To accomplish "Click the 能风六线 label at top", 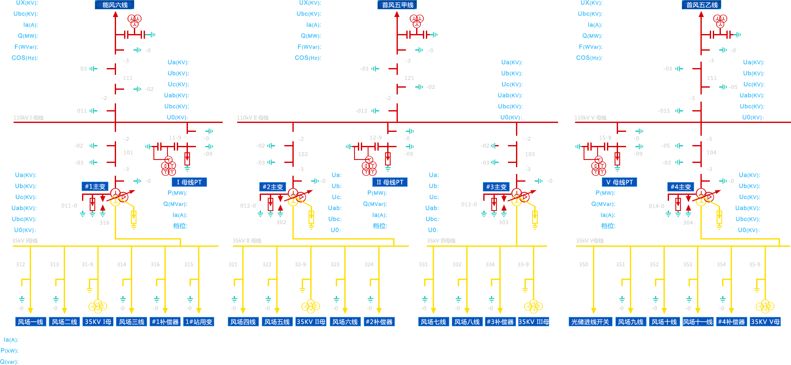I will click(x=115, y=5).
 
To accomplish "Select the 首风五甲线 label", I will click(x=397, y=5).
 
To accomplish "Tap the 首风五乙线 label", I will click(x=702, y=5).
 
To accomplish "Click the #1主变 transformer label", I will click(x=95, y=186).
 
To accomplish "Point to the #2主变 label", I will click(x=272, y=187).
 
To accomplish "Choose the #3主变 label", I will click(x=496, y=187).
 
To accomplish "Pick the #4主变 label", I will click(x=680, y=187).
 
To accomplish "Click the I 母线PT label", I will click(x=189, y=182).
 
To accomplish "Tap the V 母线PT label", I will click(x=619, y=182).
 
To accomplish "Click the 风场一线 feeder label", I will click(x=30, y=322).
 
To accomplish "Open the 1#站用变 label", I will click(x=198, y=322).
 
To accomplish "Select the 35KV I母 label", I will click(x=98, y=322).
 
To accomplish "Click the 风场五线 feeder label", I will click(x=277, y=322).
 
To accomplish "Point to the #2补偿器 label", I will click(x=379, y=322).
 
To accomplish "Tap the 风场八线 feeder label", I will click(x=467, y=322).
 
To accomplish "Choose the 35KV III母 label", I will click(x=533, y=322).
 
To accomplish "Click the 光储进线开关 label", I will click(x=590, y=322).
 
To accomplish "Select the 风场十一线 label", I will click(x=697, y=322).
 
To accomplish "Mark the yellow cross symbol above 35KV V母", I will click(x=765, y=306).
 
